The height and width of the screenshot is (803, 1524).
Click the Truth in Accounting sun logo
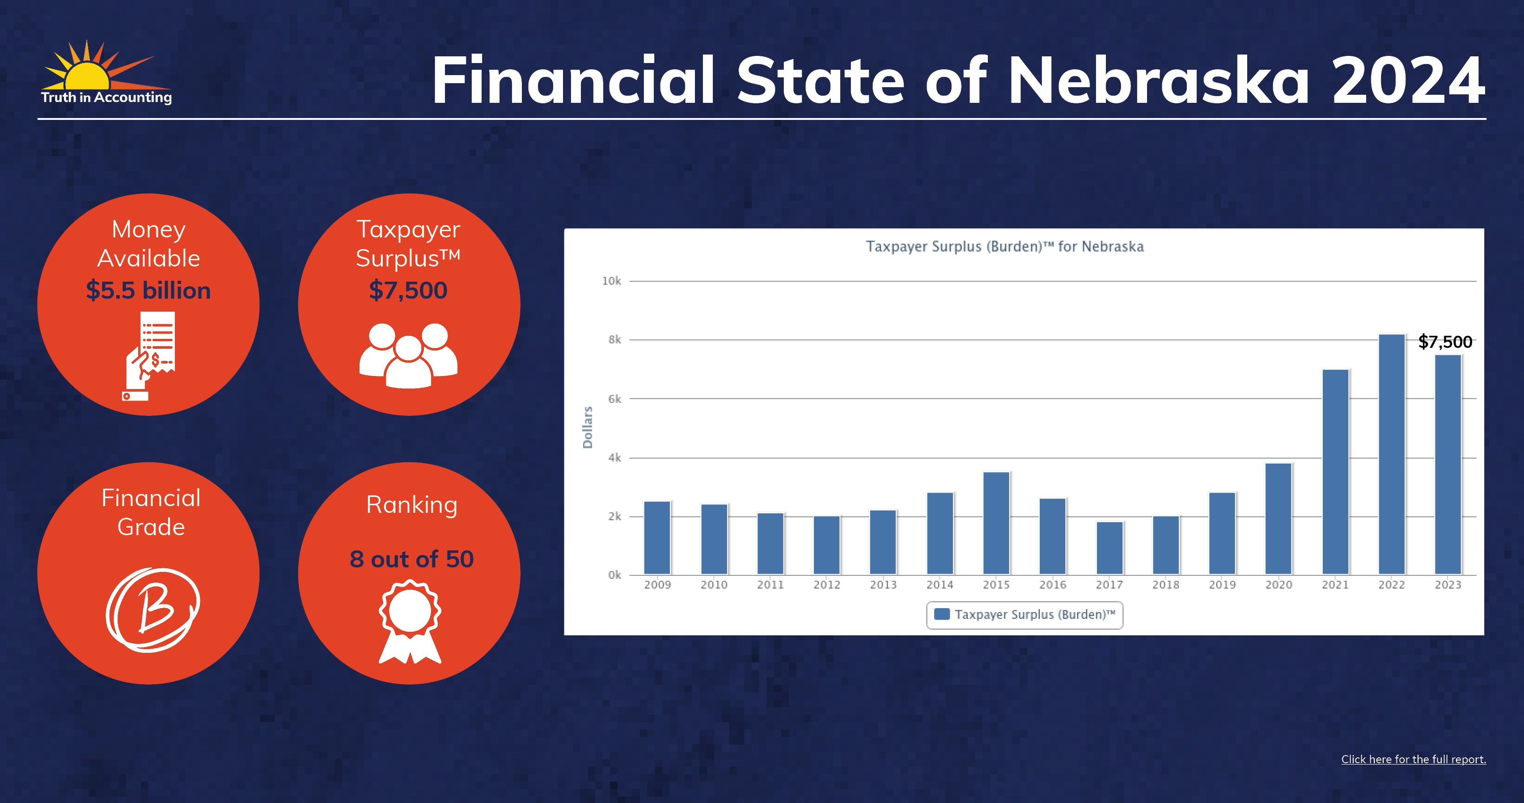(x=106, y=72)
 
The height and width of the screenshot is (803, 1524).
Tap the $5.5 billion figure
(x=148, y=290)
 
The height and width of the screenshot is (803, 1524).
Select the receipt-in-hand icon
(x=148, y=356)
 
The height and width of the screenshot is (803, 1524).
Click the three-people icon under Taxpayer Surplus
(x=409, y=355)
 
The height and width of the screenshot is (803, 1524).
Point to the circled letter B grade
(x=152, y=610)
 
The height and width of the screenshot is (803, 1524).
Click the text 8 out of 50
(x=412, y=559)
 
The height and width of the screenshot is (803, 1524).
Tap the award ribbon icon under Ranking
(x=410, y=621)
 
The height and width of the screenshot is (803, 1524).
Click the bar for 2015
(x=996, y=523)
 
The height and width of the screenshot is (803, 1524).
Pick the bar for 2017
(x=1109, y=548)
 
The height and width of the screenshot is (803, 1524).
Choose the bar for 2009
(x=657, y=537)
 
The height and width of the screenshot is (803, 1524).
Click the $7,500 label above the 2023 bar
(x=1445, y=342)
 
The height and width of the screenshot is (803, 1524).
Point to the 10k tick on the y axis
(x=611, y=281)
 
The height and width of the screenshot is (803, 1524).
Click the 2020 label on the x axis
(x=1278, y=585)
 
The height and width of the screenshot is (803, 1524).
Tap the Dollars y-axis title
(x=588, y=427)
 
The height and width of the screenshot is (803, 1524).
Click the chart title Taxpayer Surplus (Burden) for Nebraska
(x=1004, y=246)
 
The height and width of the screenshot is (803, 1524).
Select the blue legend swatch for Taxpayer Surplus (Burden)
(x=942, y=614)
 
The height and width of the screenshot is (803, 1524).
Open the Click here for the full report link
(x=1414, y=759)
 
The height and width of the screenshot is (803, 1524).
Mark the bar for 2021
(x=1335, y=472)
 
